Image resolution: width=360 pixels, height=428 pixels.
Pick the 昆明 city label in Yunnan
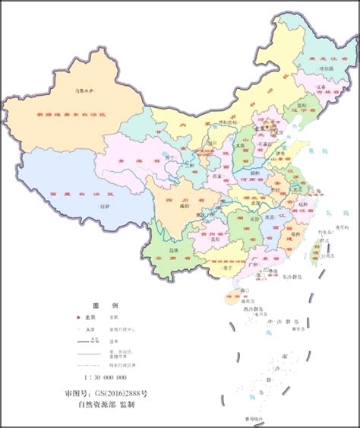click(174, 250)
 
